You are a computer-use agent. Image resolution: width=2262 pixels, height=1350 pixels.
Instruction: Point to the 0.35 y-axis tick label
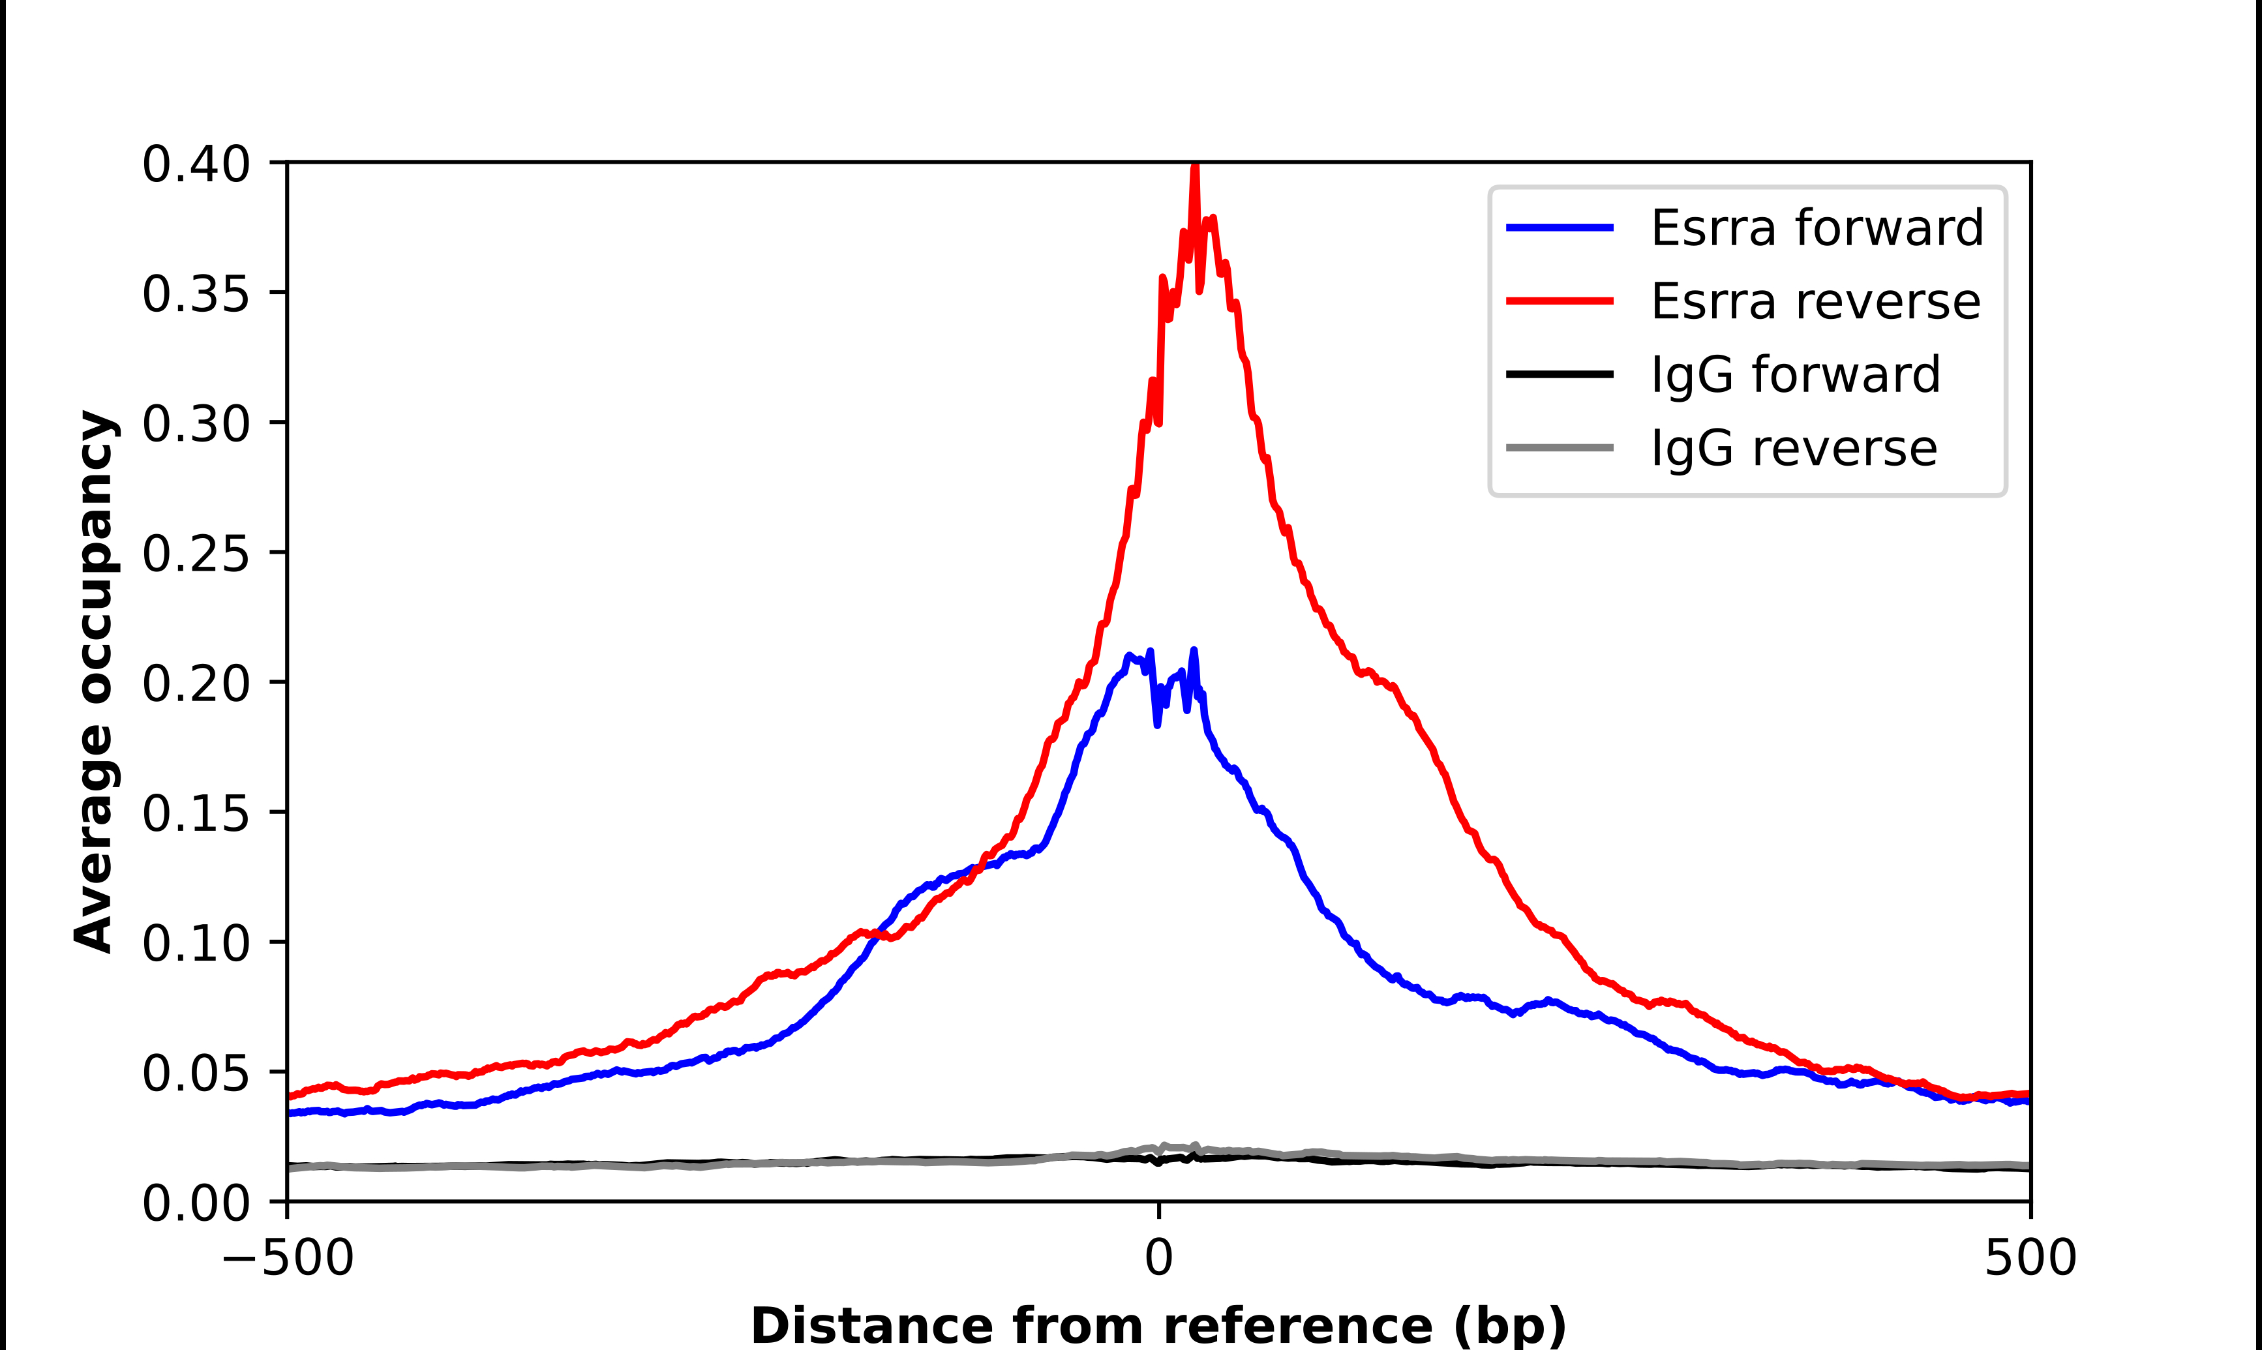coord(196,295)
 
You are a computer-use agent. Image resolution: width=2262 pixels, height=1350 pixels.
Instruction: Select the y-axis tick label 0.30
coord(196,424)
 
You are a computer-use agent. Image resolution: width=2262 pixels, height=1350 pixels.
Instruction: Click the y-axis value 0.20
coord(196,684)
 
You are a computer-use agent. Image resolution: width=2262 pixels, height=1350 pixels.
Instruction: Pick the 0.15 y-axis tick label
coord(196,813)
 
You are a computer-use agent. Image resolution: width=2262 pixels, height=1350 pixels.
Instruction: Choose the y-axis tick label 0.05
coord(196,1073)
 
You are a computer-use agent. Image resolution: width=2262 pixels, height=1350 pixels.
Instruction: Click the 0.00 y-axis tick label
coord(196,1203)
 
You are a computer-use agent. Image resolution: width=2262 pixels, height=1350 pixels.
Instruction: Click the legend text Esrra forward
coord(1817,228)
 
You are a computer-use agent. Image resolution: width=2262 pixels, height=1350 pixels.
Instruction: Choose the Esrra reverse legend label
coord(1815,301)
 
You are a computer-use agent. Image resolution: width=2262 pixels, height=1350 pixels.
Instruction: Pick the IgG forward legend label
coord(1796,375)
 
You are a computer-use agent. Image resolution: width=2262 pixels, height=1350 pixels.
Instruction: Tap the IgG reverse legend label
coord(1794,449)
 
